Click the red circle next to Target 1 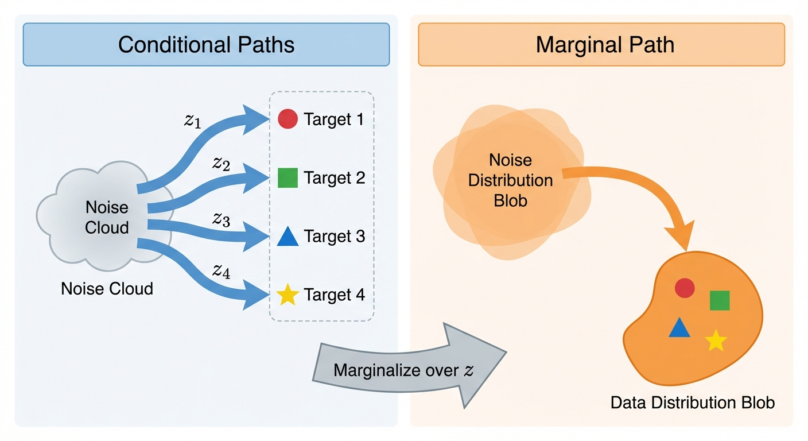(x=288, y=119)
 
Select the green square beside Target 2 (x=288, y=178)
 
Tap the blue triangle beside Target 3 (x=288, y=237)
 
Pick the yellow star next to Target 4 (x=288, y=295)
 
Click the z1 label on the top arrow (x=193, y=122)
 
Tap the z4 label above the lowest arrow (x=221, y=270)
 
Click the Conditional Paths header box (x=206, y=44)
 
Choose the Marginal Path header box (x=601, y=44)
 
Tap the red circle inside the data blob (x=685, y=288)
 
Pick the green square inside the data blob (x=720, y=300)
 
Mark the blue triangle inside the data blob (x=679, y=328)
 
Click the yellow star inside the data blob (x=716, y=341)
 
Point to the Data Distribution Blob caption (x=692, y=403)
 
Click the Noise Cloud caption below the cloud (x=107, y=288)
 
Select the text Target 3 (x=335, y=237)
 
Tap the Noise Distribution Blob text (x=510, y=180)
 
